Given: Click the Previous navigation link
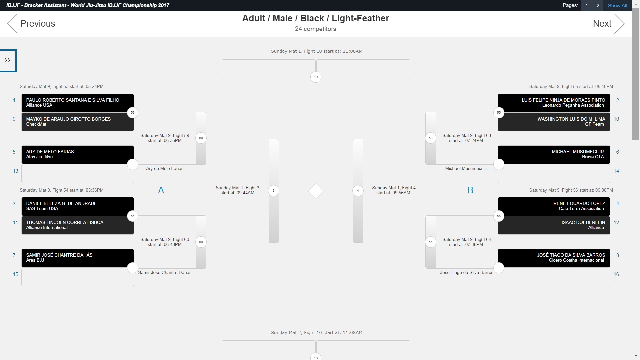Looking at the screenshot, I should click(32, 23).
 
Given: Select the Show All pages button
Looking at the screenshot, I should click(617, 5).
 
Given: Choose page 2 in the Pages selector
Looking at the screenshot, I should click(598, 5).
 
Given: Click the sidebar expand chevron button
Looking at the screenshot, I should click(8, 60).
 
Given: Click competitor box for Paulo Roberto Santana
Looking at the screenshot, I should click(77, 103).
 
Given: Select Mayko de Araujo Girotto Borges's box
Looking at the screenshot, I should click(77, 122).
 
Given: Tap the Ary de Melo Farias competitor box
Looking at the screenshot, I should click(77, 154).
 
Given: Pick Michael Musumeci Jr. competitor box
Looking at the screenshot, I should click(554, 154).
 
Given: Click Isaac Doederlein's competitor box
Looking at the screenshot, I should click(554, 225).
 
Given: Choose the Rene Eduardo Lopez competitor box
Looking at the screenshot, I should click(554, 206).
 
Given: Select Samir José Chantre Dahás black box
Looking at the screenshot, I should click(77, 258).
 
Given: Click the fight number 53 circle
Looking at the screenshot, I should click(133, 113).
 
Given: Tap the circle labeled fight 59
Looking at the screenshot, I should click(201, 138).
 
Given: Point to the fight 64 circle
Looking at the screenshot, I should click(431, 242).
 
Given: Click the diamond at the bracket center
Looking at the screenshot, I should click(316, 191).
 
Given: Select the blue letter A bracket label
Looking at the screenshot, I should click(161, 190).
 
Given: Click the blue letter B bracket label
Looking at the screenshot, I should click(470, 190).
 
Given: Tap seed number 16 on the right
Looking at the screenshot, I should click(616, 274).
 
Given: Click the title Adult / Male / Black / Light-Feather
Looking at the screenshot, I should click(315, 18).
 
